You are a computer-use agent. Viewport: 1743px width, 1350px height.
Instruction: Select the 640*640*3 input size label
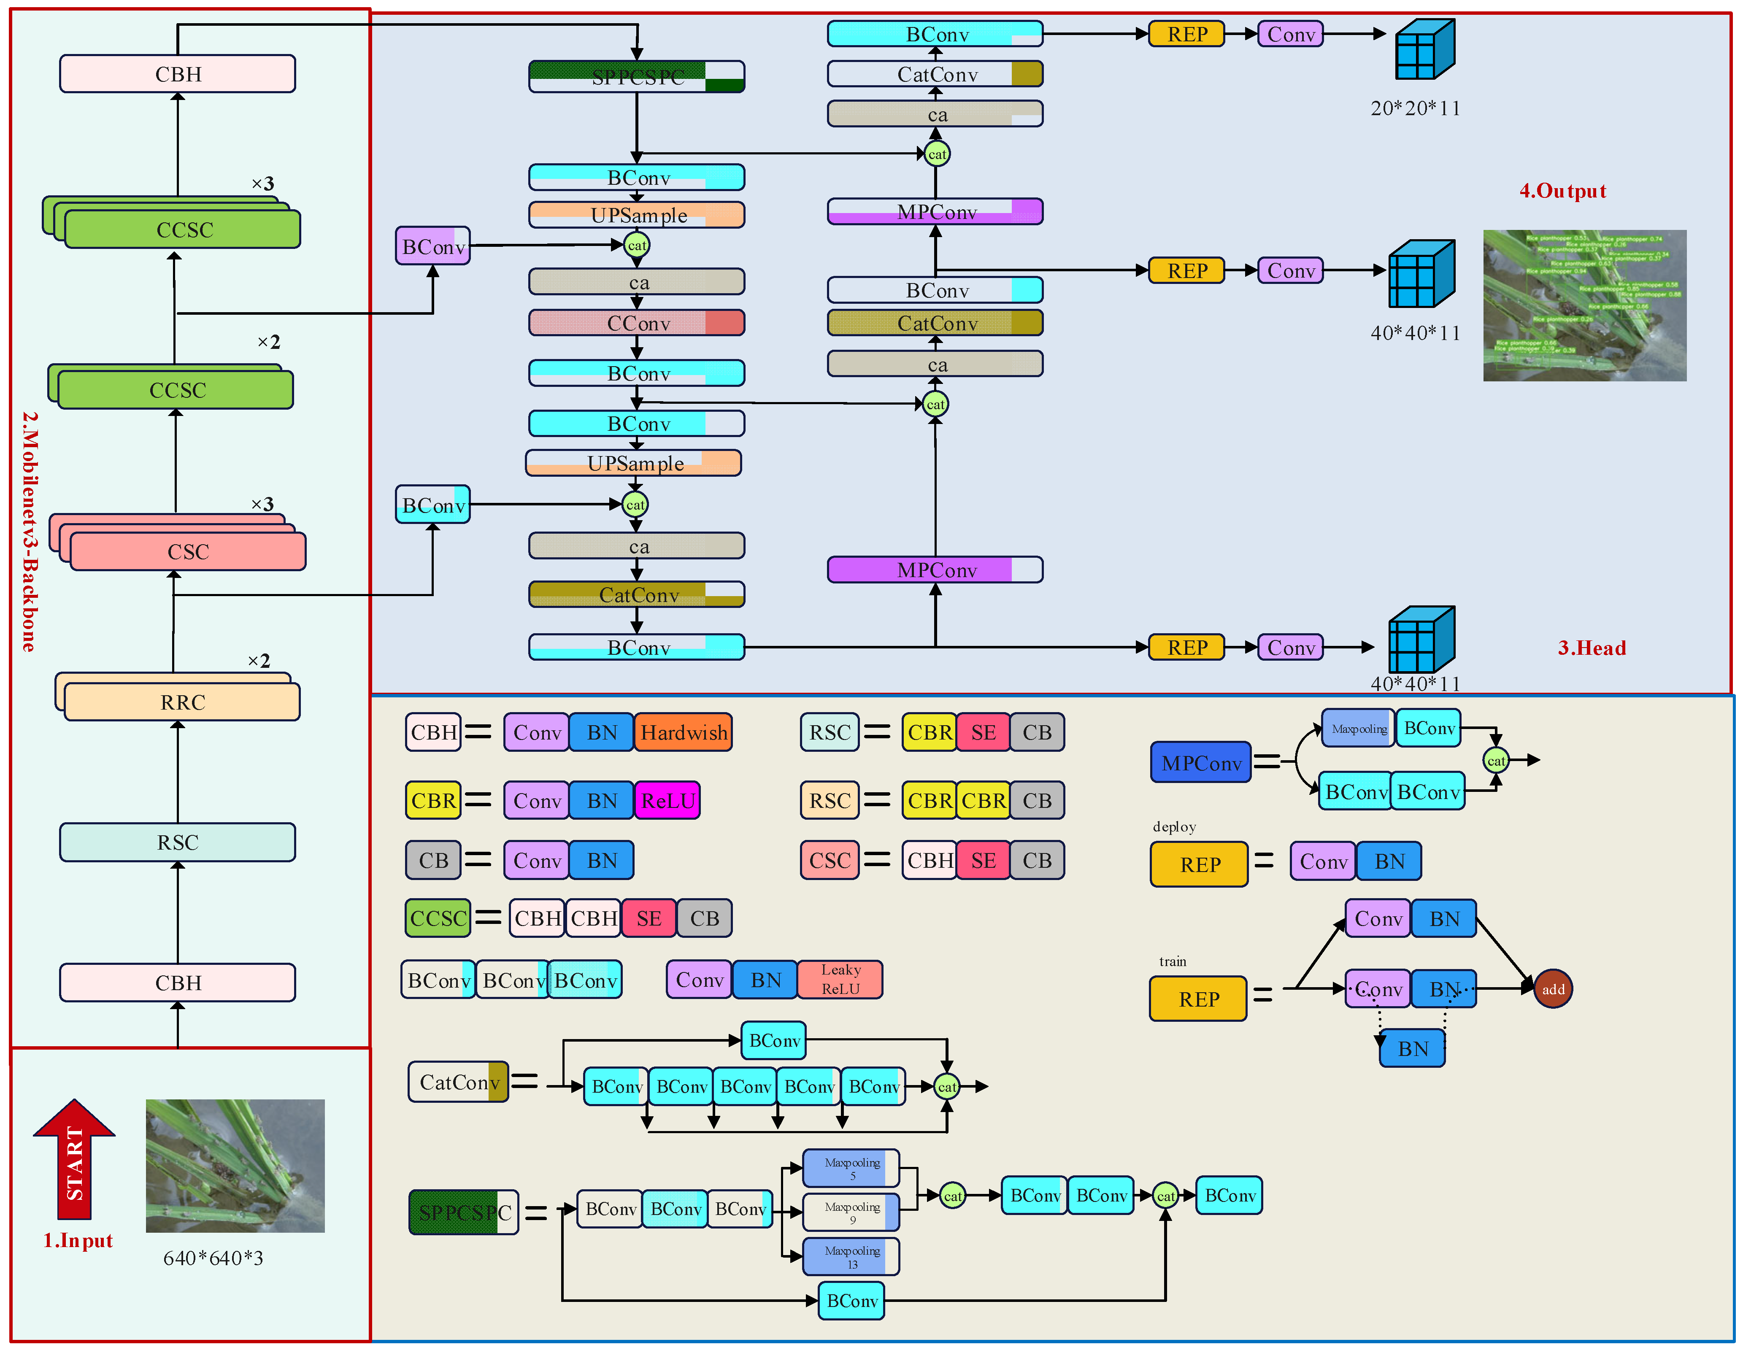[213, 1258]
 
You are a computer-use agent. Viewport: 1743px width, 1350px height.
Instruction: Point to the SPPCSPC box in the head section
[637, 77]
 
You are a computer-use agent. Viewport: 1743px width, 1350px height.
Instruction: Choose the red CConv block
[637, 323]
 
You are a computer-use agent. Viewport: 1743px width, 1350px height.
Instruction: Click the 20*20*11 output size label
[1415, 108]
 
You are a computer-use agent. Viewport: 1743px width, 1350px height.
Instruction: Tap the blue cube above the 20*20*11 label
[1424, 49]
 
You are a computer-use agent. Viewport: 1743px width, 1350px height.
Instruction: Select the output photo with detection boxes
[1584, 305]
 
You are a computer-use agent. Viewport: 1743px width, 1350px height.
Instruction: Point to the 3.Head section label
[1592, 648]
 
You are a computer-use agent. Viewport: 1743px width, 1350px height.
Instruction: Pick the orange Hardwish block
[683, 732]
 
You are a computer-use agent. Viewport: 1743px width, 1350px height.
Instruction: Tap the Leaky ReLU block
[840, 979]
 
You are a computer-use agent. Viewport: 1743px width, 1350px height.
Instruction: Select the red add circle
[1552, 989]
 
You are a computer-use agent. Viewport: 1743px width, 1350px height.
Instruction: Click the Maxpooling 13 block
[851, 1257]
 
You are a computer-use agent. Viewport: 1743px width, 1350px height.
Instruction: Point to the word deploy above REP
[1174, 826]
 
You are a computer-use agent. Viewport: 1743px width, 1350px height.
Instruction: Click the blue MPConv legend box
[1200, 763]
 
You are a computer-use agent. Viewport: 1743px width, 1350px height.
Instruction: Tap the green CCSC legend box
[438, 918]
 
